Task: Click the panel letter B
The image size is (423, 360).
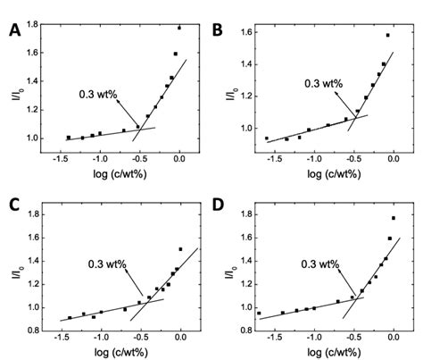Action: point(217,31)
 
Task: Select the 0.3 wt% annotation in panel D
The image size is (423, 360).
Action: point(318,264)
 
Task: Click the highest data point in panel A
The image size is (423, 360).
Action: point(179,28)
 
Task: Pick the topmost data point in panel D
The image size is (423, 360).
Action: point(393,218)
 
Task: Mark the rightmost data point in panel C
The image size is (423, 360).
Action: point(180,249)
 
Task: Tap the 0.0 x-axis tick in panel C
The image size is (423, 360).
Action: point(180,330)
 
